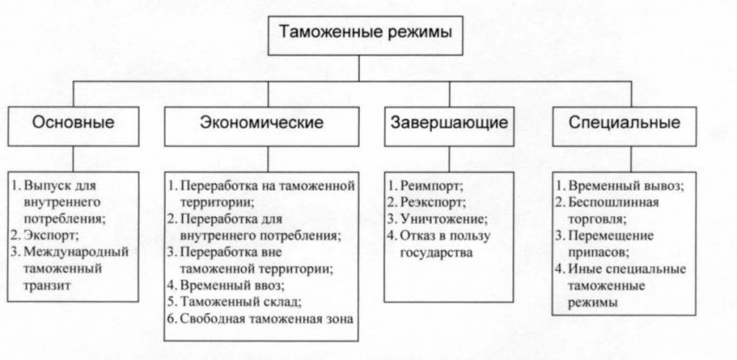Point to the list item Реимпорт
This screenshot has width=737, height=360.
click(x=432, y=186)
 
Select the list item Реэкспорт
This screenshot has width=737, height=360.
click(x=433, y=203)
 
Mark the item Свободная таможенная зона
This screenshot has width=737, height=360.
click(x=266, y=318)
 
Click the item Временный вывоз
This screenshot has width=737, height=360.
click(x=626, y=186)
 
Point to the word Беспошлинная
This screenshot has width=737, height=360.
click(x=613, y=203)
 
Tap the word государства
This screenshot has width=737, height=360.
click(x=436, y=252)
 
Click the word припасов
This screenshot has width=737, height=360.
click(x=599, y=252)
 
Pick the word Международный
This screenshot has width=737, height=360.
click(x=75, y=252)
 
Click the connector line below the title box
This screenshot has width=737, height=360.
click(x=359, y=69)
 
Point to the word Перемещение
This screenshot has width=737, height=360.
click(x=610, y=235)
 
